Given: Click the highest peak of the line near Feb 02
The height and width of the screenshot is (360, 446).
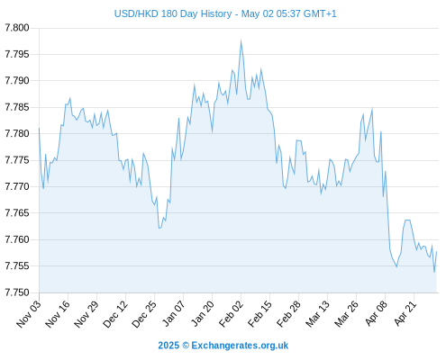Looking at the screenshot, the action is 241,40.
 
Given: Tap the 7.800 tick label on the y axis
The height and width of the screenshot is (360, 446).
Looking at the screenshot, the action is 17,28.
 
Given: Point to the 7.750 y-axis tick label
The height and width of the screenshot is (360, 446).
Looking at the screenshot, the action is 17,292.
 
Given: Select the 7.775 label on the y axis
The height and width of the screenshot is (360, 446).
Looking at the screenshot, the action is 17,160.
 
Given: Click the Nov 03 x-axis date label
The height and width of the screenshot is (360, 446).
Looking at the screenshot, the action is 29,314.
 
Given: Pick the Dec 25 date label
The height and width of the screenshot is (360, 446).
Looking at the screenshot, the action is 144,314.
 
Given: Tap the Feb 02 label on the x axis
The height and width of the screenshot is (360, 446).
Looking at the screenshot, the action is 231,314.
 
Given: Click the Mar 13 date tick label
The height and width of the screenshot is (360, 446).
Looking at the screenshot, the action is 317,314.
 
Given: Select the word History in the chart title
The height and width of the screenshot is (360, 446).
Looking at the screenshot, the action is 216,13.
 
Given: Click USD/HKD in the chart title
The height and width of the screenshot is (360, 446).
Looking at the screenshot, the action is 136,13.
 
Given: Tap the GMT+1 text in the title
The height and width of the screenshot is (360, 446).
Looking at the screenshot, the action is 320,13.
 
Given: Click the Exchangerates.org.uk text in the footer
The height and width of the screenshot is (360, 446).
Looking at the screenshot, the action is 240,346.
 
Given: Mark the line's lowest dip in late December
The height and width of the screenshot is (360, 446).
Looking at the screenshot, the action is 159,229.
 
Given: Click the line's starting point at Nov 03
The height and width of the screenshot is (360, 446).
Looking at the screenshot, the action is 39,128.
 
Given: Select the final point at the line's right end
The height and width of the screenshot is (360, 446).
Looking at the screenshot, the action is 436,252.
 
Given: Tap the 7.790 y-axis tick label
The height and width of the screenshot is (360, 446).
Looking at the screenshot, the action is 17,81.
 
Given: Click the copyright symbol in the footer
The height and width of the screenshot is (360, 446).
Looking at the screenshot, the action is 186,346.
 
